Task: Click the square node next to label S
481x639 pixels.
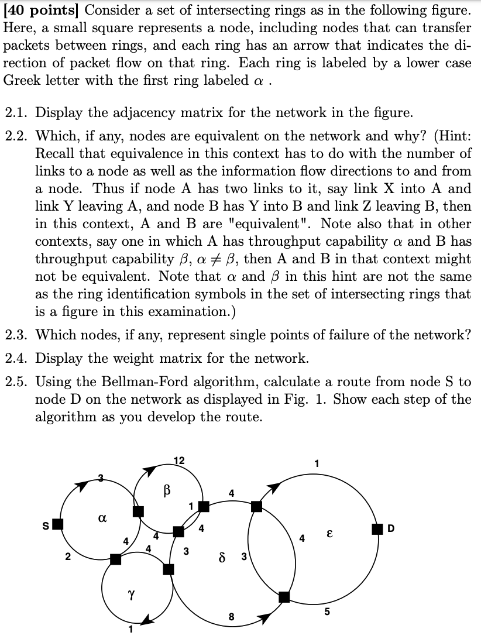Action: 57,524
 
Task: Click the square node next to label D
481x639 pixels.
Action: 378,530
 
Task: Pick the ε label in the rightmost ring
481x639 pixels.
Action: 330,534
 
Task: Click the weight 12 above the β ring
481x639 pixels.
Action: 180,460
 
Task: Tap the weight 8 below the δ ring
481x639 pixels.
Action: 231,616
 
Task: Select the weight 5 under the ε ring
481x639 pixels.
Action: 327,612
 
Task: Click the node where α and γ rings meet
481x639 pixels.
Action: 116,559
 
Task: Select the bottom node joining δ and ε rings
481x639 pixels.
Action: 284,597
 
